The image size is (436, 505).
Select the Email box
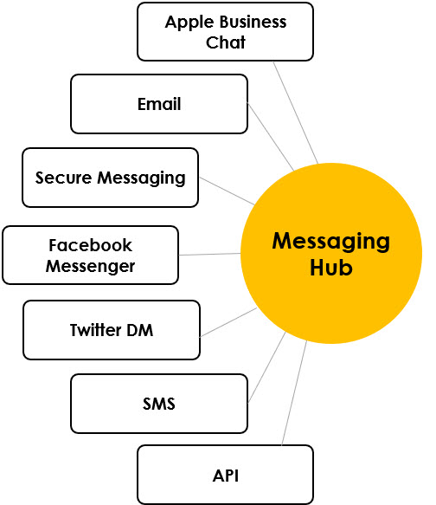(159, 104)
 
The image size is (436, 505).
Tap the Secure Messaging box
(110, 178)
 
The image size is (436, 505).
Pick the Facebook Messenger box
(91, 255)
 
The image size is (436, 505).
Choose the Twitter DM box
(112, 329)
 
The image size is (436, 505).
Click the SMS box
(159, 403)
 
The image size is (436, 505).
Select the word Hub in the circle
(331, 268)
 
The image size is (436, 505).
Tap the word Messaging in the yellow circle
(331, 240)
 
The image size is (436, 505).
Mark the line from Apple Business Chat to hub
(295, 111)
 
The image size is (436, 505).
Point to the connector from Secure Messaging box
(227, 191)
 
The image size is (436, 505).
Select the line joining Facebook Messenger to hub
(209, 254)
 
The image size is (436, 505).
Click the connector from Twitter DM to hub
(228, 321)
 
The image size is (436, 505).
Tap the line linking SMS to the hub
(266, 366)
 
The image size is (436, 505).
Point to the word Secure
(62, 178)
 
